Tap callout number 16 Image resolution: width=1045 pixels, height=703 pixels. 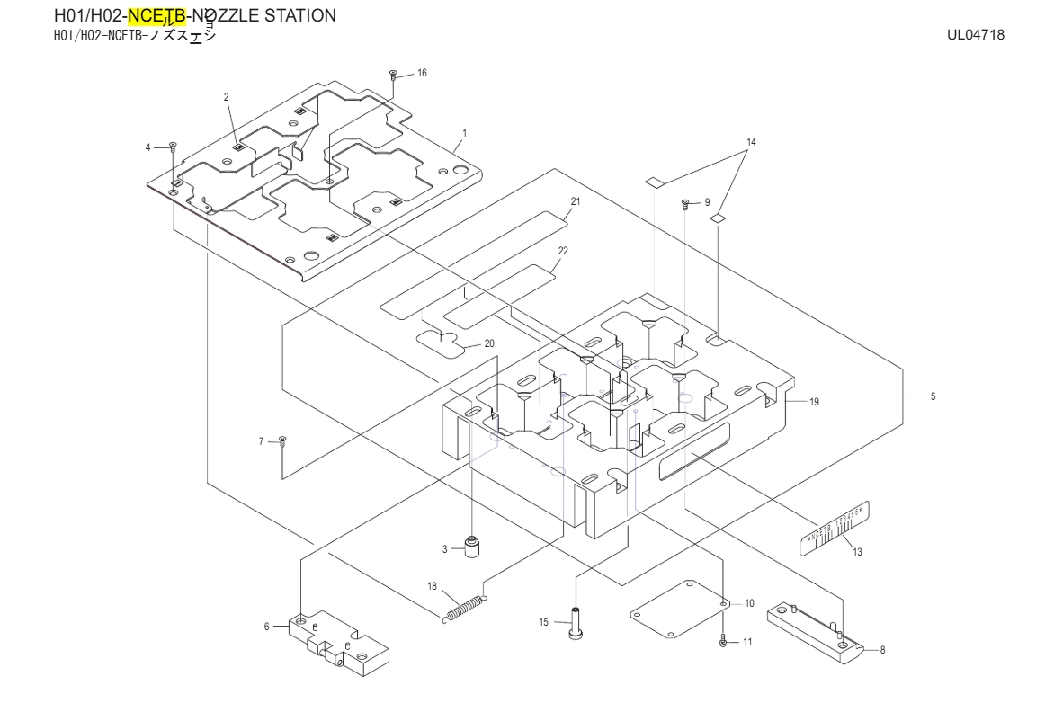click(x=422, y=73)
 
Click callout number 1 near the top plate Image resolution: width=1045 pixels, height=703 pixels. click(x=464, y=132)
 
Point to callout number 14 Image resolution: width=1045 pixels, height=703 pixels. click(x=752, y=142)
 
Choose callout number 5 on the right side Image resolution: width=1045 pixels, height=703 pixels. click(x=933, y=396)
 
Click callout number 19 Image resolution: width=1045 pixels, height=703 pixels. click(x=814, y=402)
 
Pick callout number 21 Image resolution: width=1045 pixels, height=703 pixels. click(x=576, y=200)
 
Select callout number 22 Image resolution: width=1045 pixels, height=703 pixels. click(x=562, y=251)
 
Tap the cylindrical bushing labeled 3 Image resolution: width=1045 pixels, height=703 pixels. click(x=470, y=546)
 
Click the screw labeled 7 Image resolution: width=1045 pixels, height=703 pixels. click(x=282, y=440)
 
